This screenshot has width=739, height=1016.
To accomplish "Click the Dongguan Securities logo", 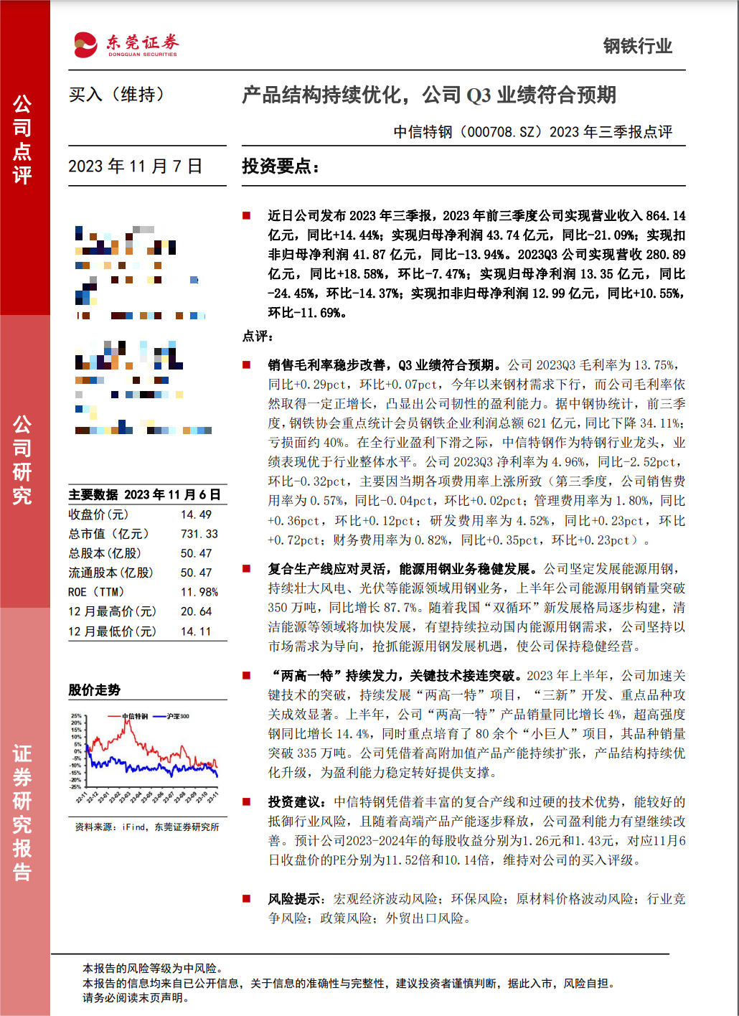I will pyautogui.click(x=126, y=45).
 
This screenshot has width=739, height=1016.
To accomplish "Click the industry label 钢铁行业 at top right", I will pyautogui.click(x=637, y=47).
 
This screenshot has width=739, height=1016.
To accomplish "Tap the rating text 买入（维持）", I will pyautogui.click(x=116, y=95).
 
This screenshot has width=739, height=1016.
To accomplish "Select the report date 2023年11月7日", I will pyautogui.click(x=135, y=166).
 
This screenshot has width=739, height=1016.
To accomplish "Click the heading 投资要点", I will pyautogui.click(x=280, y=166).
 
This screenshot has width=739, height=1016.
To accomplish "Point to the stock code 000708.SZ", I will pyautogui.click(x=502, y=132).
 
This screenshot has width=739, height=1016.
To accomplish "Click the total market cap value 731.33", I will pyautogui.click(x=199, y=534).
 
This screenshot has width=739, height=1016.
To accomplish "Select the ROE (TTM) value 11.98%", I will pyautogui.click(x=199, y=592).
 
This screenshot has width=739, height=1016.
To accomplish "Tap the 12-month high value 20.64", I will pyautogui.click(x=196, y=611).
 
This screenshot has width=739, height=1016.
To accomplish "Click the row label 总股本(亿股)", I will pyautogui.click(x=105, y=553).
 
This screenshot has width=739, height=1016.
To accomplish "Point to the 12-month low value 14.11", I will pyautogui.click(x=196, y=631).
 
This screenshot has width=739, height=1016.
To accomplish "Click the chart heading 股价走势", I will pyautogui.click(x=94, y=690).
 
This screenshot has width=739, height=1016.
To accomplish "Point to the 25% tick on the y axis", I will pyautogui.click(x=76, y=716).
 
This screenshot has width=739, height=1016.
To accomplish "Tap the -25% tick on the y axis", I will pyautogui.click(x=75, y=787).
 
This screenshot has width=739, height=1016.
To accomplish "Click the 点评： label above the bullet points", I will pyautogui.click(x=258, y=336).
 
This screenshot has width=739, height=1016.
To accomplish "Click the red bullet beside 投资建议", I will pyautogui.click(x=246, y=801).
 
